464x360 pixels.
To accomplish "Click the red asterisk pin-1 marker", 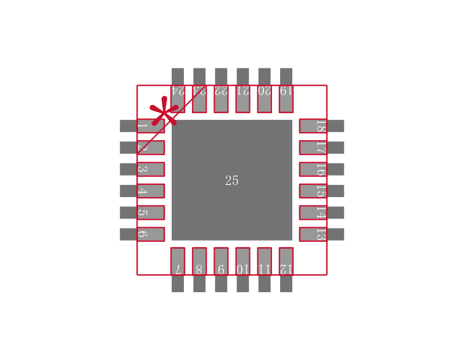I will (x=164, y=112).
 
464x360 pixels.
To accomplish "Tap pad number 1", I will (x=150, y=126).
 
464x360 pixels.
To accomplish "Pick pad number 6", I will (x=150, y=234).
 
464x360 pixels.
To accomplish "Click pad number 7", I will (x=178, y=261).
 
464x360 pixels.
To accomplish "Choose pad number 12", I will (x=286, y=261).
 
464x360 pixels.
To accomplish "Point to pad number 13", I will (x=313, y=234).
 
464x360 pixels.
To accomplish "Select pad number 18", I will (x=313, y=126).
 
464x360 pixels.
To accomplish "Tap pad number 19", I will (x=286, y=99).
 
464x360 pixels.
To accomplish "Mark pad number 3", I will (x=150, y=169).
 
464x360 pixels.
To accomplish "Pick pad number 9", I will (x=221, y=261).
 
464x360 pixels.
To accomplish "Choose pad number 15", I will (x=313, y=191).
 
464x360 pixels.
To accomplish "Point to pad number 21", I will (x=243, y=99).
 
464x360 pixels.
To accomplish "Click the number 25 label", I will (x=232, y=181).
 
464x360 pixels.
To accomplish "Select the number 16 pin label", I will (x=321, y=169).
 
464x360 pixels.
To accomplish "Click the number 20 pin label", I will (x=264, y=90).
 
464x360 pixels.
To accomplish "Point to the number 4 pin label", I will (x=143, y=191).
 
